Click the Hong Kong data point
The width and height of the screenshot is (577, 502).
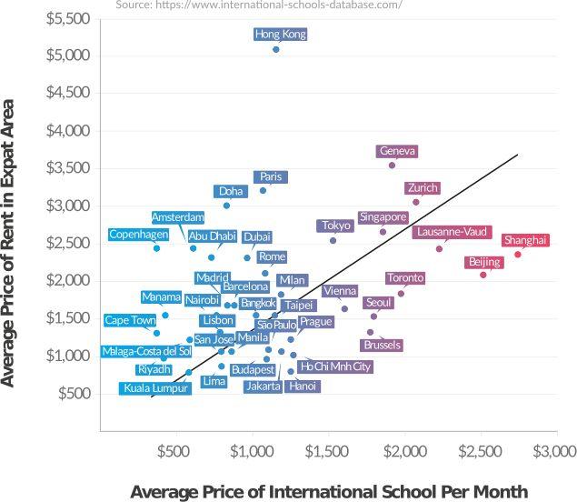click(x=276, y=49)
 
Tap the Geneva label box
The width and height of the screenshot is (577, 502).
click(x=397, y=151)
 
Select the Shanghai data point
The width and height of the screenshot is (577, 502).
click(x=518, y=254)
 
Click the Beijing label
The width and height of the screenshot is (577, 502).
click(x=483, y=262)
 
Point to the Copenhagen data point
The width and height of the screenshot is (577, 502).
click(x=156, y=248)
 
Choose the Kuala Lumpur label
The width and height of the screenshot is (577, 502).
click(x=155, y=388)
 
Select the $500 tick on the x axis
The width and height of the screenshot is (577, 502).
click(x=172, y=450)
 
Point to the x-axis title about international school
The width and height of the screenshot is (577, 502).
click(x=329, y=491)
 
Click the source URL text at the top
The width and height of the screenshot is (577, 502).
click(x=259, y=5)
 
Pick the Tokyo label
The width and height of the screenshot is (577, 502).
click(x=335, y=226)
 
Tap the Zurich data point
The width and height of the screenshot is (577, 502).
click(x=416, y=202)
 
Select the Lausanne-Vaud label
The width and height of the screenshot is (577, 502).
click(x=452, y=232)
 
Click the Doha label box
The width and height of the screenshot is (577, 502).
click(x=231, y=191)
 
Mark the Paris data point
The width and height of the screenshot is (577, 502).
click(x=264, y=190)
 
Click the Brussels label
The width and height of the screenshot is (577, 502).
click(x=382, y=346)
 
